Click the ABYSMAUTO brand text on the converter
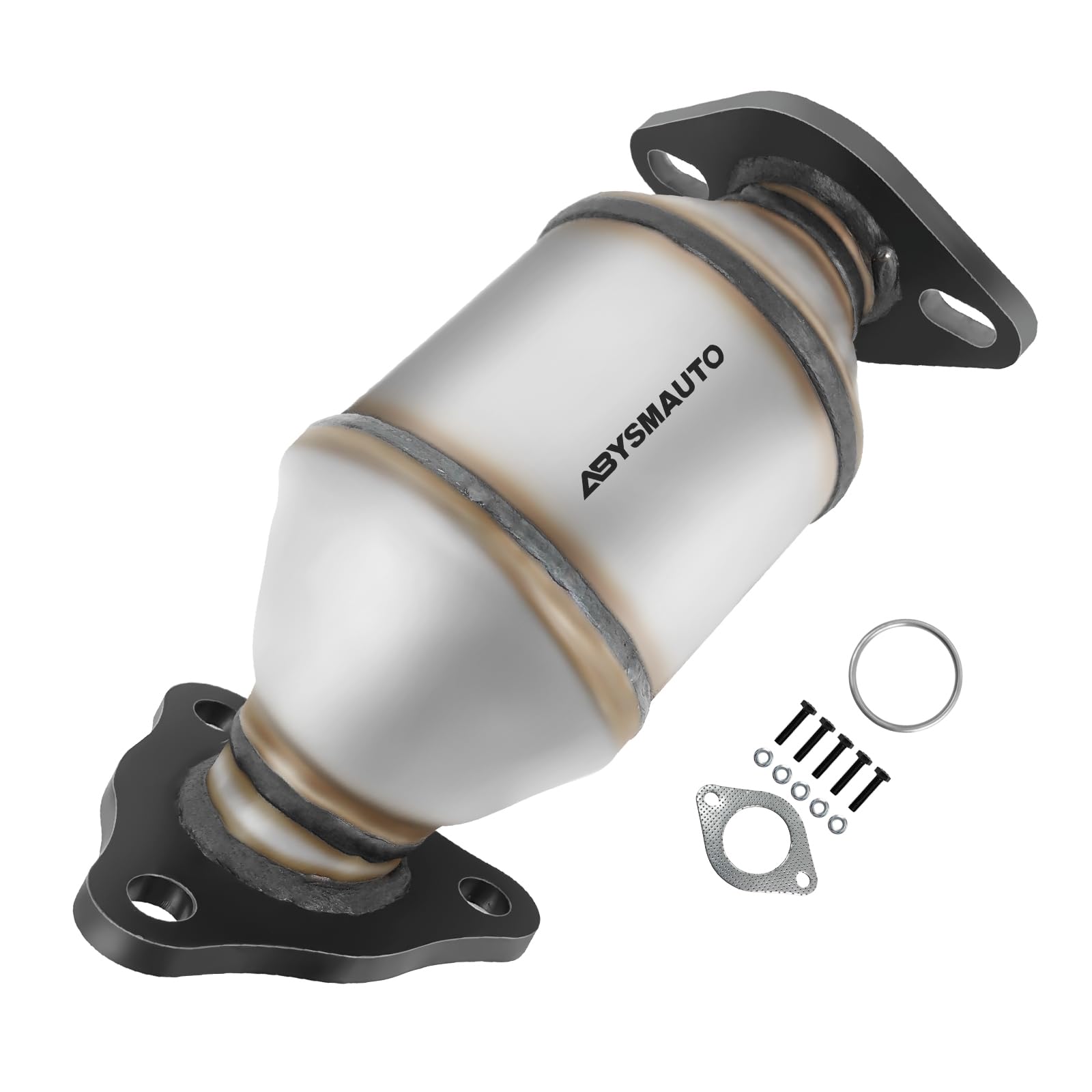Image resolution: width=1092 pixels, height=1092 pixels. (x=644, y=420)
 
